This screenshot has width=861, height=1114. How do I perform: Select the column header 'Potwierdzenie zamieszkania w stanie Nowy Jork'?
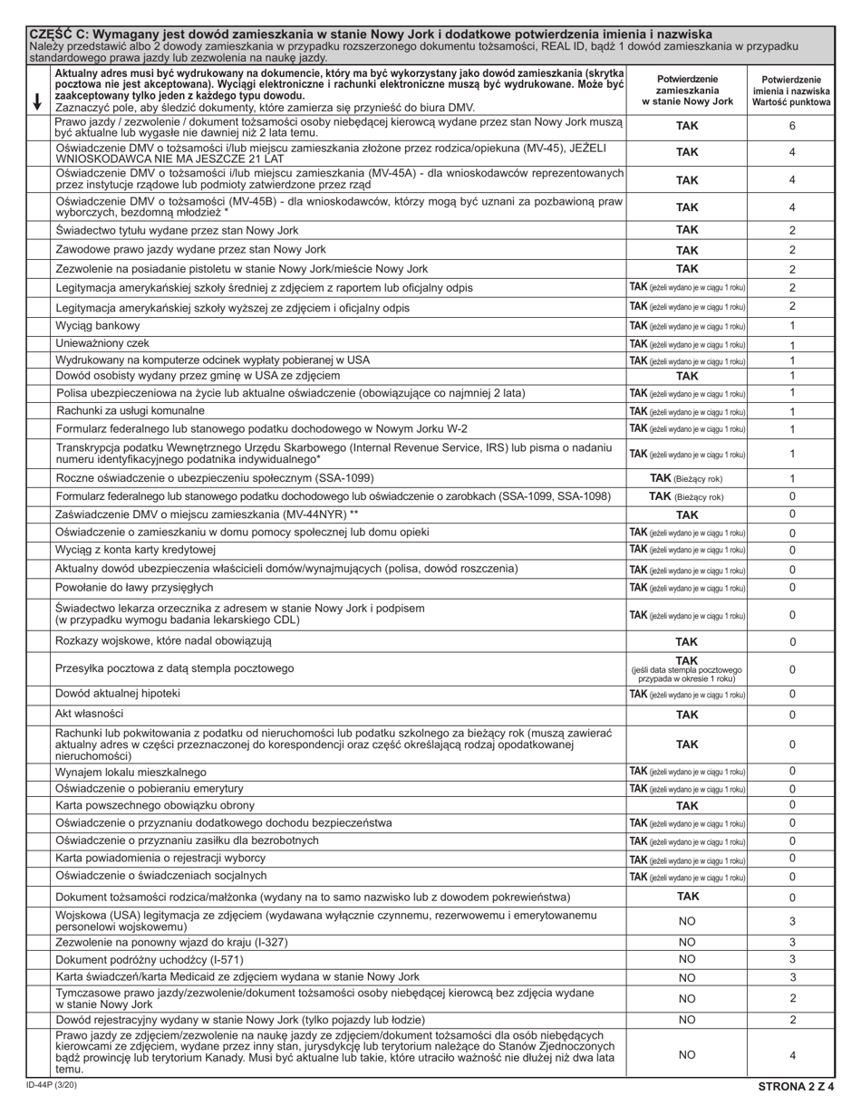[687, 91]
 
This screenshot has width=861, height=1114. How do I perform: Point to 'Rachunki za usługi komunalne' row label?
[138, 410]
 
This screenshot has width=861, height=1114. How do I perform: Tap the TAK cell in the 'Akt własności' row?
[687, 715]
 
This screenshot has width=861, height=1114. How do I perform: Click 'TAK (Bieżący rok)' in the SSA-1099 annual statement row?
[687, 478]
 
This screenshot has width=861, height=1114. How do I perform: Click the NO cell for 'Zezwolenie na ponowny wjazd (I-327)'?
[687, 942]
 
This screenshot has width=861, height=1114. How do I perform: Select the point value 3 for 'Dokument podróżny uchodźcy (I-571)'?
[792, 959]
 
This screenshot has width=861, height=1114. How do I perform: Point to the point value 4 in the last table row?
[792, 1055]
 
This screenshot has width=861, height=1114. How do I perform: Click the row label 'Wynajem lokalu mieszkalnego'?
[131, 773]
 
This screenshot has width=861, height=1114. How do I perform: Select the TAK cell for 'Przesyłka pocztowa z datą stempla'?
[687, 669]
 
